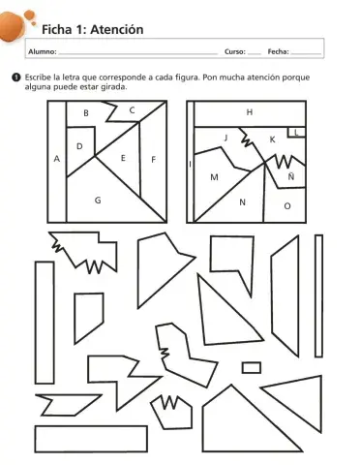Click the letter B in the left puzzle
[x=86, y=113]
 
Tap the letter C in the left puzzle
[x=132, y=110]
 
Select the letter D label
[x=79, y=146]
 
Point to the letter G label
[x=98, y=201]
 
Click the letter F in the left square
[x=154, y=160]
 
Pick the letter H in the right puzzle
[x=250, y=112]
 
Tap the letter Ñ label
[x=291, y=176]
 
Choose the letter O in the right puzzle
[x=287, y=206]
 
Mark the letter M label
[x=214, y=177]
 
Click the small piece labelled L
[x=296, y=132]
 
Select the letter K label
[x=272, y=139]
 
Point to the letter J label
[x=226, y=138]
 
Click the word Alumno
[x=43, y=51]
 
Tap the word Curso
[x=235, y=51]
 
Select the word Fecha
[x=278, y=51]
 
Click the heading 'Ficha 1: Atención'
[x=93, y=30]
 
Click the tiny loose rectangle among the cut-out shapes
[x=252, y=368]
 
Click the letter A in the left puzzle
[x=57, y=159]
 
